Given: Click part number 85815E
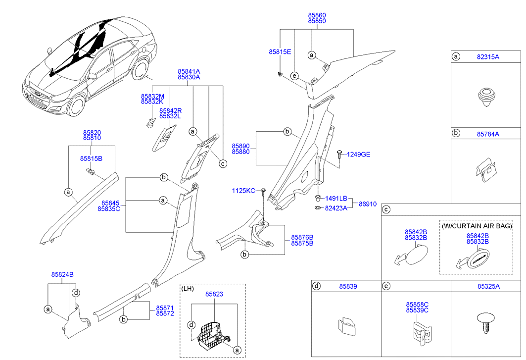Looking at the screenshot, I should point(280,51).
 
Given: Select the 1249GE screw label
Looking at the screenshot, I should point(358,154).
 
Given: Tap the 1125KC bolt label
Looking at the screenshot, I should point(243,191).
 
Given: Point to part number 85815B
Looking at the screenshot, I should point(91,158).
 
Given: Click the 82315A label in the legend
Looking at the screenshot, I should point(488,57).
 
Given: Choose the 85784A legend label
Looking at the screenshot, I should point(488,134).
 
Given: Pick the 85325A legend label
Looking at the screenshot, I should point(488,286).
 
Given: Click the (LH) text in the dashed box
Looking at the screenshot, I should point(188,289).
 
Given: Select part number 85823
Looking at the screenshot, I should point(214,294).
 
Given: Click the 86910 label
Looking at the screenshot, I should point(368,204).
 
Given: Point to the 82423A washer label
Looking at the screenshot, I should point(336,208).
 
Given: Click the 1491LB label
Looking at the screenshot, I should point(336,198).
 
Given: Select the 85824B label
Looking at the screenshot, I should point(62,274).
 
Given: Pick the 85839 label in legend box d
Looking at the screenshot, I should point(348,286).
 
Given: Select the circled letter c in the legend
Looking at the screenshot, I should point(387,210).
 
